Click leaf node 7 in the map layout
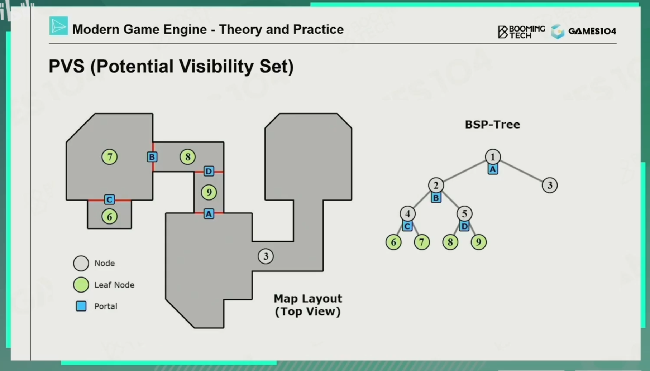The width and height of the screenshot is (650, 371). (x=110, y=157)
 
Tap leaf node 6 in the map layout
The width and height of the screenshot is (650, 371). (x=110, y=217)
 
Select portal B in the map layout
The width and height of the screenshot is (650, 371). (x=152, y=157)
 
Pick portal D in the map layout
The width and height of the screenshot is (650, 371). (x=209, y=171)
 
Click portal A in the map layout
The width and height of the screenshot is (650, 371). (x=209, y=214)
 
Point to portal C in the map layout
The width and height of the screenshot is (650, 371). (x=110, y=199)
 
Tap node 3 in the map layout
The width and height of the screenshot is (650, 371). (x=266, y=256)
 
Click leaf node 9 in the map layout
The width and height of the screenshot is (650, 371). (x=209, y=193)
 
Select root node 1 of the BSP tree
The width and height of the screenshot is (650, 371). (x=493, y=157)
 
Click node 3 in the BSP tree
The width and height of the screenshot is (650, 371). (x=550, y=185)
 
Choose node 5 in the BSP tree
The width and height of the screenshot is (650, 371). (x=464, y=214)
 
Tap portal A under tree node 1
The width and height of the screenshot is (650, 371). (x=493, y=169)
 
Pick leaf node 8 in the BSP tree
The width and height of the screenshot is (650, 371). (x=450, y=242)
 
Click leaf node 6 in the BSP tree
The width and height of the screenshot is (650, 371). (x=393, y=242)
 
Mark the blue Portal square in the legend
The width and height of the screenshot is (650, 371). (x=81, y=306)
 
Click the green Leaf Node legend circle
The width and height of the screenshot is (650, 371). (x=81, y=285)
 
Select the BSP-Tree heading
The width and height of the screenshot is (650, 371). (x=492, y=125)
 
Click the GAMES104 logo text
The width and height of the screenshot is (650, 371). (x=592, y=31)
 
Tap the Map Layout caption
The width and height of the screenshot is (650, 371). (x=308, y=305)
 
